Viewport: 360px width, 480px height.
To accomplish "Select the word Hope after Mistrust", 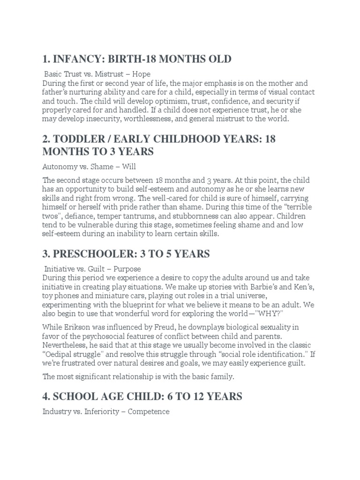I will (x=141, y=74).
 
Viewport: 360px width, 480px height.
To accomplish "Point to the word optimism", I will (x=138, y=101).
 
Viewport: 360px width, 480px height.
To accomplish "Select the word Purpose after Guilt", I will (x=126, y=269).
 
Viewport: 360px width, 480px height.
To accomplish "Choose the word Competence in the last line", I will (x=148, y=412).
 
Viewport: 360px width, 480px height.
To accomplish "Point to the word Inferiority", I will (x=103, y=412).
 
